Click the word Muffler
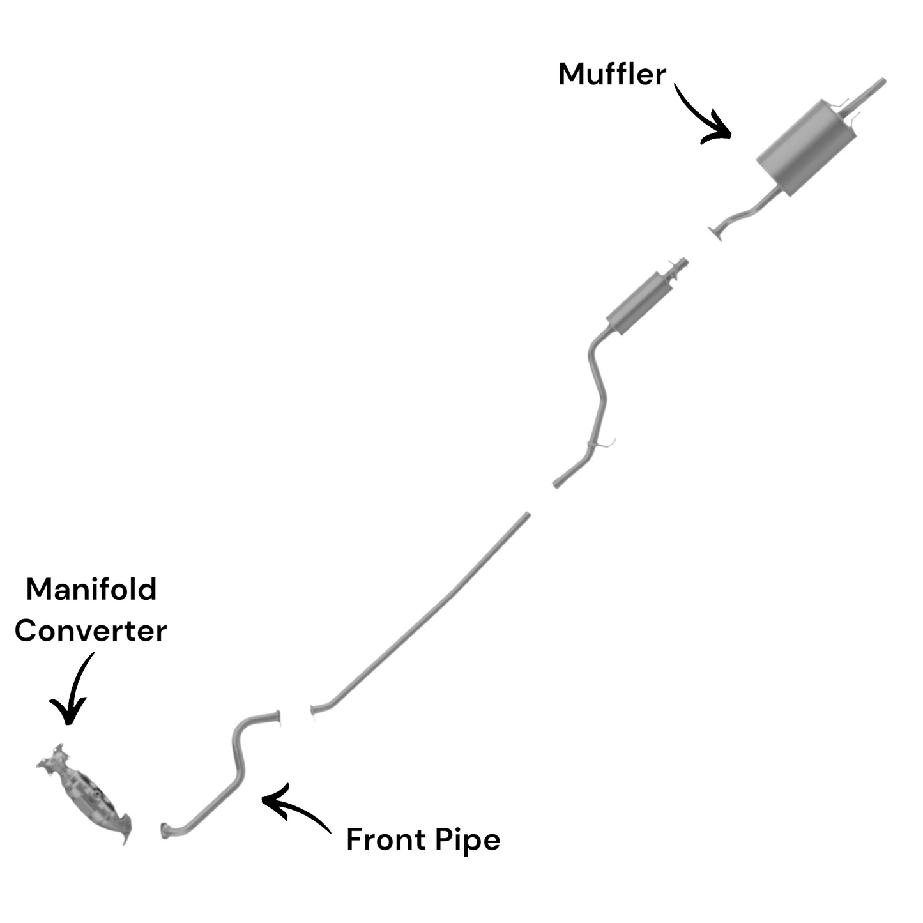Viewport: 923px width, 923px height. click(612, 75)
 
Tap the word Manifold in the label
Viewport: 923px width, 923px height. click(91, 589)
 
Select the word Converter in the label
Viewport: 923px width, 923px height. click(91, 631)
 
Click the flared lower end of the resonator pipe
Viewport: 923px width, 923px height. click(558, 482)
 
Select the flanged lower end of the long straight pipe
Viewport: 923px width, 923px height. click(314, 712)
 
